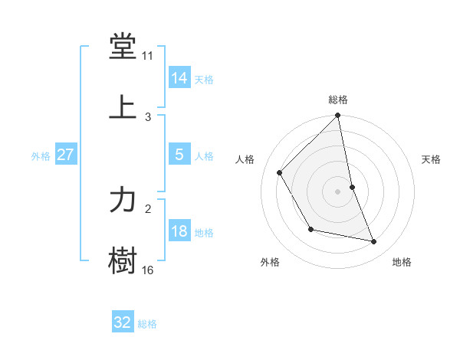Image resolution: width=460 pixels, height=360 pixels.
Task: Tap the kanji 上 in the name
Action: click(123, 107)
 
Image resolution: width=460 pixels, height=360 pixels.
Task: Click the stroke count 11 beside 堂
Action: click(148, 57)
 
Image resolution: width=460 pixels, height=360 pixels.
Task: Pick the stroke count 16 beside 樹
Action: click(148, 270)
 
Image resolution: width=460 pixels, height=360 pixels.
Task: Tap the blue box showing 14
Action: click(179, 78)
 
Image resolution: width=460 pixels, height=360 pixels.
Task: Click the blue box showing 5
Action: click(179, 155)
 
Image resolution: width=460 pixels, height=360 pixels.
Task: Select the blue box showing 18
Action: click(179, 231)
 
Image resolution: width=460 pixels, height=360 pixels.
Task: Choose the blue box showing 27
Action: click(66, 155)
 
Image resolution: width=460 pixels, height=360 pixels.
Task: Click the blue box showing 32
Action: click(123, 322)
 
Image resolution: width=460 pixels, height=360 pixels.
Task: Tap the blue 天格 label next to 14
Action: click(204, 79)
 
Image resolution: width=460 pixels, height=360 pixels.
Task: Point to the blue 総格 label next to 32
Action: click(147, 324)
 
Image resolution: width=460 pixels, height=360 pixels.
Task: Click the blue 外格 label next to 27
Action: click(41, 155)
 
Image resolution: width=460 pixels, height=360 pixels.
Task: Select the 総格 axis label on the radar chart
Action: click(338, 100)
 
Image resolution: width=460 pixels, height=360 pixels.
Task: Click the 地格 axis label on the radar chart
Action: click(402, 262)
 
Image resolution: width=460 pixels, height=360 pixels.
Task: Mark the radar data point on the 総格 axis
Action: click(338, 116)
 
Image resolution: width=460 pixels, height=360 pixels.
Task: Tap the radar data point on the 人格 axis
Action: click(280, 172)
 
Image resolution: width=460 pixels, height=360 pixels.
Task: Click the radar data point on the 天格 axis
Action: click(352, 187)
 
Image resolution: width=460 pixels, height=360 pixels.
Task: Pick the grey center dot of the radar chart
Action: click(338, 191)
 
